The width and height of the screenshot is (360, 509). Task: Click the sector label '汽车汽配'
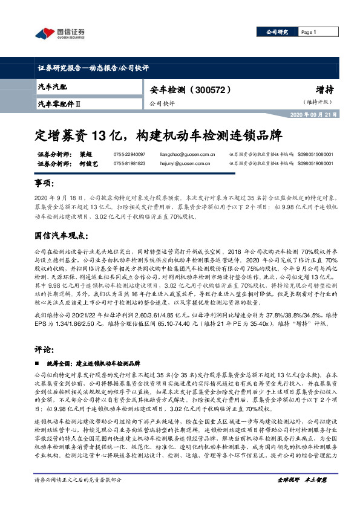tap(52, 88)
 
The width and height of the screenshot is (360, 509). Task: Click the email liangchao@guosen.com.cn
tap(175, 155)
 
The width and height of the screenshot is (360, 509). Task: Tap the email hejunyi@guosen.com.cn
tap(173, 163)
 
